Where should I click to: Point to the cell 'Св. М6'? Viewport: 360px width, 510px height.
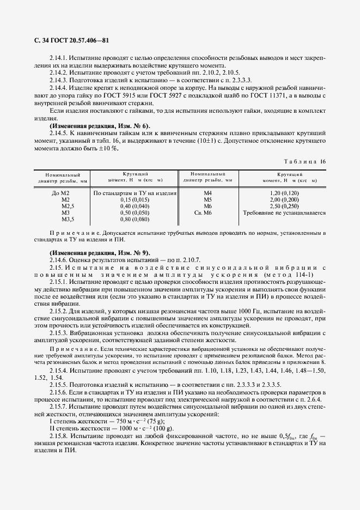[208, 213]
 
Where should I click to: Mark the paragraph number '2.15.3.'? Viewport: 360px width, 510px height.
[58, 333]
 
